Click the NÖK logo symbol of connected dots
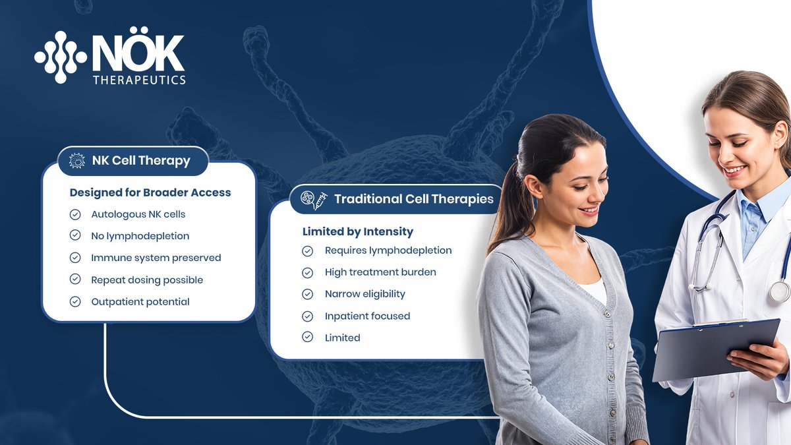click(60, 57)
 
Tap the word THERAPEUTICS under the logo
click(139, 79)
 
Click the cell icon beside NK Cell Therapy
click(78, 161)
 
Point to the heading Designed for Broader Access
click(150, 193)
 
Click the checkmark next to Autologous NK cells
click(75, 214)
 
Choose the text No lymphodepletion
click(140, 236)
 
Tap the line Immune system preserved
click(156, 258)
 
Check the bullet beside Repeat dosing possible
click(75, 280)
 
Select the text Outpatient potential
click(140, 302)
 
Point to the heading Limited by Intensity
click(358, 231)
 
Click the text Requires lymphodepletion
click(388, 251)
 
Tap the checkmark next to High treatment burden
click(307, 272)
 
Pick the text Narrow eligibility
click(365, 294)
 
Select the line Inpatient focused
click(367, 316)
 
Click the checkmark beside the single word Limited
click(307, 338)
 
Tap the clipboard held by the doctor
click(715, 349)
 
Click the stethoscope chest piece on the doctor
click(779, 291)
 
